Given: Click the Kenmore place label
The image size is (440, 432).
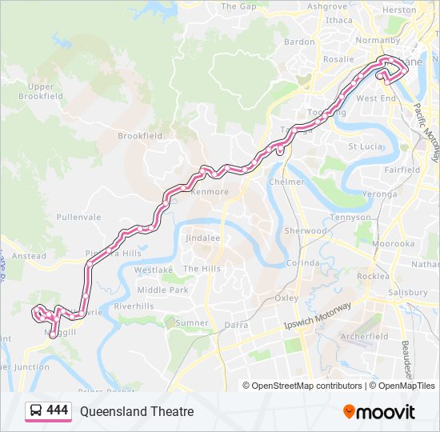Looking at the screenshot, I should coord(210,192).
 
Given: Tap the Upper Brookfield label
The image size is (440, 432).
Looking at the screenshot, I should coord(41,91).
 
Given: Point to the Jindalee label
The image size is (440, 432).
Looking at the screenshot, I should coord(202,238).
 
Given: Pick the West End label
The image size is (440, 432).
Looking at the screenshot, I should coord(376,98).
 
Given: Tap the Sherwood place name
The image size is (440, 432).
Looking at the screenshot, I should coord(306,230).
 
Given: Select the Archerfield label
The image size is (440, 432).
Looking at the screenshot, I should coord(364,337).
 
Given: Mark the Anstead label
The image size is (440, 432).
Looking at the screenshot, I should coord(30,256).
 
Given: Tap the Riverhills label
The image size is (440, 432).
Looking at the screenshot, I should coord(134,306).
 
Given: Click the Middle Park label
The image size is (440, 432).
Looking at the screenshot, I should coord(162,290).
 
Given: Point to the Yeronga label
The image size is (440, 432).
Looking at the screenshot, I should coord(378,194).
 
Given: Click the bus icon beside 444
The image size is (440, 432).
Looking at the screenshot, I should coord(35,411).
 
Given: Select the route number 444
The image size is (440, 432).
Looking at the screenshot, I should coord(58,410).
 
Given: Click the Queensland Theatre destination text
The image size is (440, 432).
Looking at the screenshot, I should coord(137,411).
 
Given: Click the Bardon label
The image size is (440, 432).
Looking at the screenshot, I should coord(299,42).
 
